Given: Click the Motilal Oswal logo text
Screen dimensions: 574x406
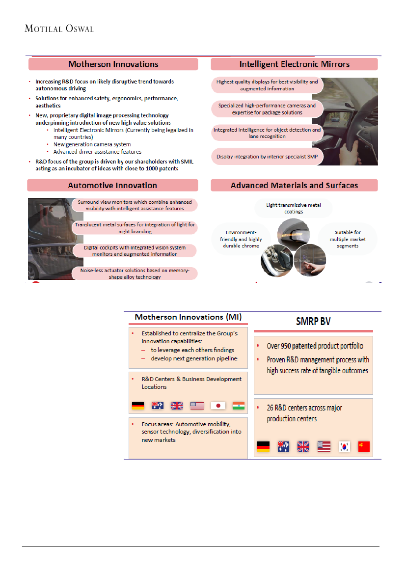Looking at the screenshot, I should [59, 28].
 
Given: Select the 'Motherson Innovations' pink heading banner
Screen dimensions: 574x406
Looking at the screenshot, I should [113, 64].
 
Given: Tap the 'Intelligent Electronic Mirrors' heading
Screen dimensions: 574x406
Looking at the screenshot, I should [294, 64].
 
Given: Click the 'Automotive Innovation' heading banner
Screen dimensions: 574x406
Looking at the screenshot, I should [112, 185].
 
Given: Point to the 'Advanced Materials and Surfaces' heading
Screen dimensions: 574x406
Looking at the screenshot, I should [294, 185].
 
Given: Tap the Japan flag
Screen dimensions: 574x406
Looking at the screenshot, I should [217, 406].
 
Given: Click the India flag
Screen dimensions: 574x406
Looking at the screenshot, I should [239, 406].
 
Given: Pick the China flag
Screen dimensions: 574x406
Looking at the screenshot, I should [364, 447].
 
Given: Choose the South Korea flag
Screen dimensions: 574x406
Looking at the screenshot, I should [344, 447].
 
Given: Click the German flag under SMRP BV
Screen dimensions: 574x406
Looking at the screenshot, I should [263, 447].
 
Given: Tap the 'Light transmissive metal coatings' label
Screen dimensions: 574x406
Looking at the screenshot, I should [294, 208].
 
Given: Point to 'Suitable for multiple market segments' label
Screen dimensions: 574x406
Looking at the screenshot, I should [348, 239].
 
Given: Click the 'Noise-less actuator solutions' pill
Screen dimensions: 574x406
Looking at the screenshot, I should [135, 273].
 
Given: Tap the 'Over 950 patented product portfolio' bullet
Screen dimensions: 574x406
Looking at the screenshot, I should [315, 346].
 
